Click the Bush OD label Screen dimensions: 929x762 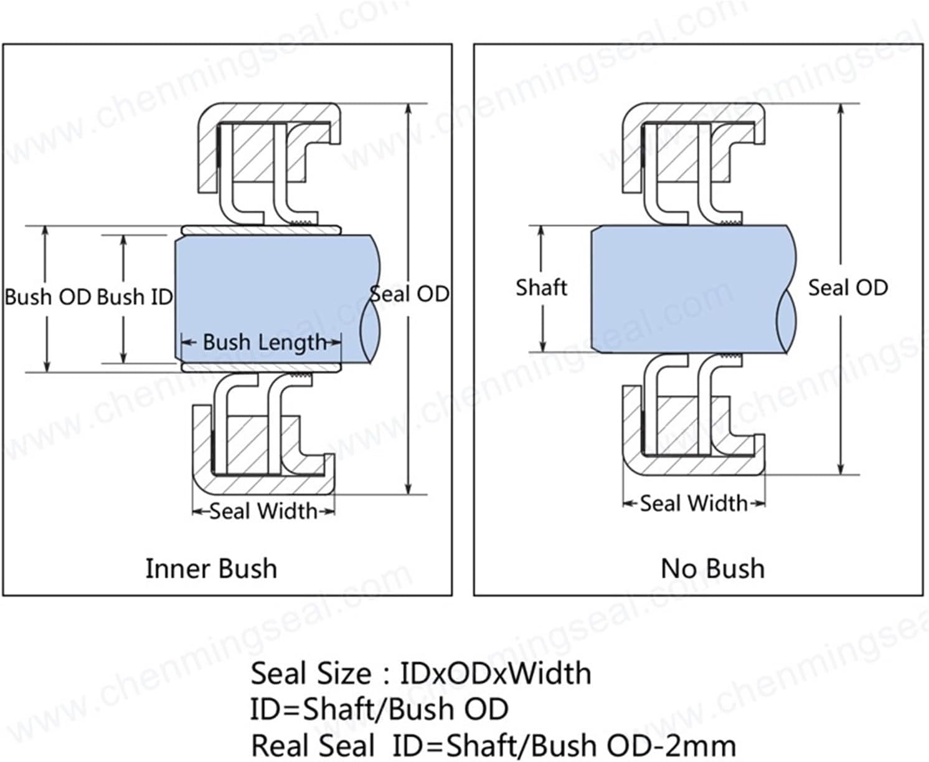48,297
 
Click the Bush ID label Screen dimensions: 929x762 135,297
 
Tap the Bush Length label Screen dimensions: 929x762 264,342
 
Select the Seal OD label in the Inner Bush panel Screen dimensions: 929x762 409,293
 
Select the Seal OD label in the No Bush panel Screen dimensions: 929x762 847,287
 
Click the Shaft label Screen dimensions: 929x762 541,287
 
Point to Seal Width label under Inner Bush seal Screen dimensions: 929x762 263,511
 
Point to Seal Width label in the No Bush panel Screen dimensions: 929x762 694,503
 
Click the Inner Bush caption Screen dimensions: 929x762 211,568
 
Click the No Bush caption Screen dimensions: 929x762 712,568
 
